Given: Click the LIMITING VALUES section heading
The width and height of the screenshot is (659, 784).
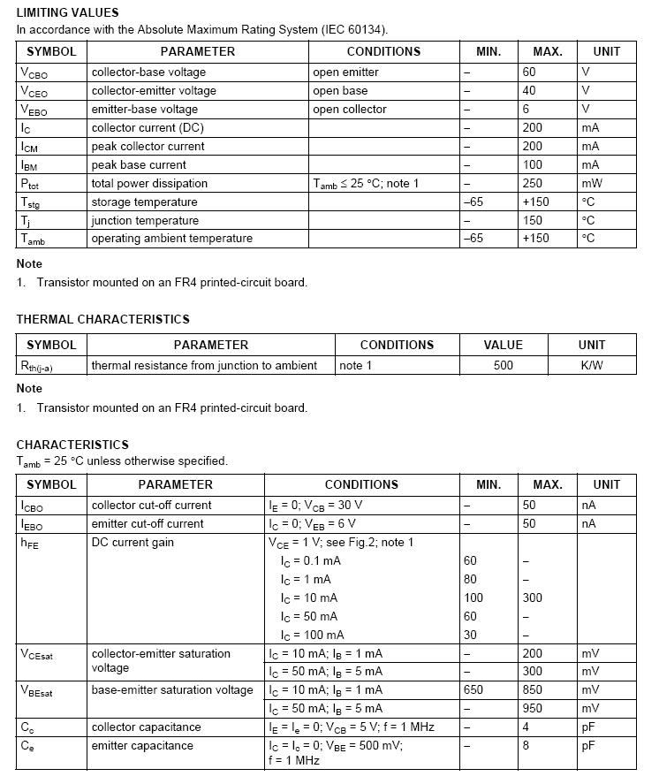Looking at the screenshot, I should click(x=67, y=12).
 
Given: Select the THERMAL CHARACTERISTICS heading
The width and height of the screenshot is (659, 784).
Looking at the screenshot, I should click(x=102, y=319).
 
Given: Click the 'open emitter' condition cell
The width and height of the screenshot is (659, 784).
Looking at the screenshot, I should click(x=345, y=72).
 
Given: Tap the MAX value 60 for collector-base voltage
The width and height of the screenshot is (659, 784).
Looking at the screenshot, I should click(x=529, y=72).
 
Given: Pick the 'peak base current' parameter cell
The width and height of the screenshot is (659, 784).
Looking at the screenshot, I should click(x=139, y=164).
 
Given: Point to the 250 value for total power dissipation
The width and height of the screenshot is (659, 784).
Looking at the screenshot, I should click(x=532, y=183).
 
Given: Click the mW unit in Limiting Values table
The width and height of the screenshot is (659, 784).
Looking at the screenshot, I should click(x=592, y=183).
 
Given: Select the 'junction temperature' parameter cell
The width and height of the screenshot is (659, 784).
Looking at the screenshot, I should click(x=145, y=220).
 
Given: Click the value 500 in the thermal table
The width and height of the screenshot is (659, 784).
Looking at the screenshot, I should click(x=504, y=365).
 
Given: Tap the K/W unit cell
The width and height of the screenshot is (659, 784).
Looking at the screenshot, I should click(x=592, y=365).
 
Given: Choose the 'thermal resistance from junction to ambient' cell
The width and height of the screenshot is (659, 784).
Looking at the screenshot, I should click(x=204, y=365).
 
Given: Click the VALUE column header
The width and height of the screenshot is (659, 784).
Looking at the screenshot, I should click(x=504, y=345).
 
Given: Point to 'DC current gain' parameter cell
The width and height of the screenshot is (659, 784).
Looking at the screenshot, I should click(x=133, y=542).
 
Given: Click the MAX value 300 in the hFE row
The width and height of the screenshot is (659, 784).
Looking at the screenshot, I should click(x=533, y=598).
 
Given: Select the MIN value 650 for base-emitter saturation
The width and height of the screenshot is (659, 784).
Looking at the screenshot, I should click(x=473, y=689).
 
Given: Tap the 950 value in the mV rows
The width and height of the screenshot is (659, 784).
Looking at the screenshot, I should click(x=533, y=708).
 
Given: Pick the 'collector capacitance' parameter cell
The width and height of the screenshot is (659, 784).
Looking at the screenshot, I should click(x=146, y=727).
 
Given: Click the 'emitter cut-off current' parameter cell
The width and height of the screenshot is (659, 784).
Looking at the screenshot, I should click(x=148, y=523).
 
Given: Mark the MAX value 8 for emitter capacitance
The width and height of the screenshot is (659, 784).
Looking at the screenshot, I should click(x=526, y=745).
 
